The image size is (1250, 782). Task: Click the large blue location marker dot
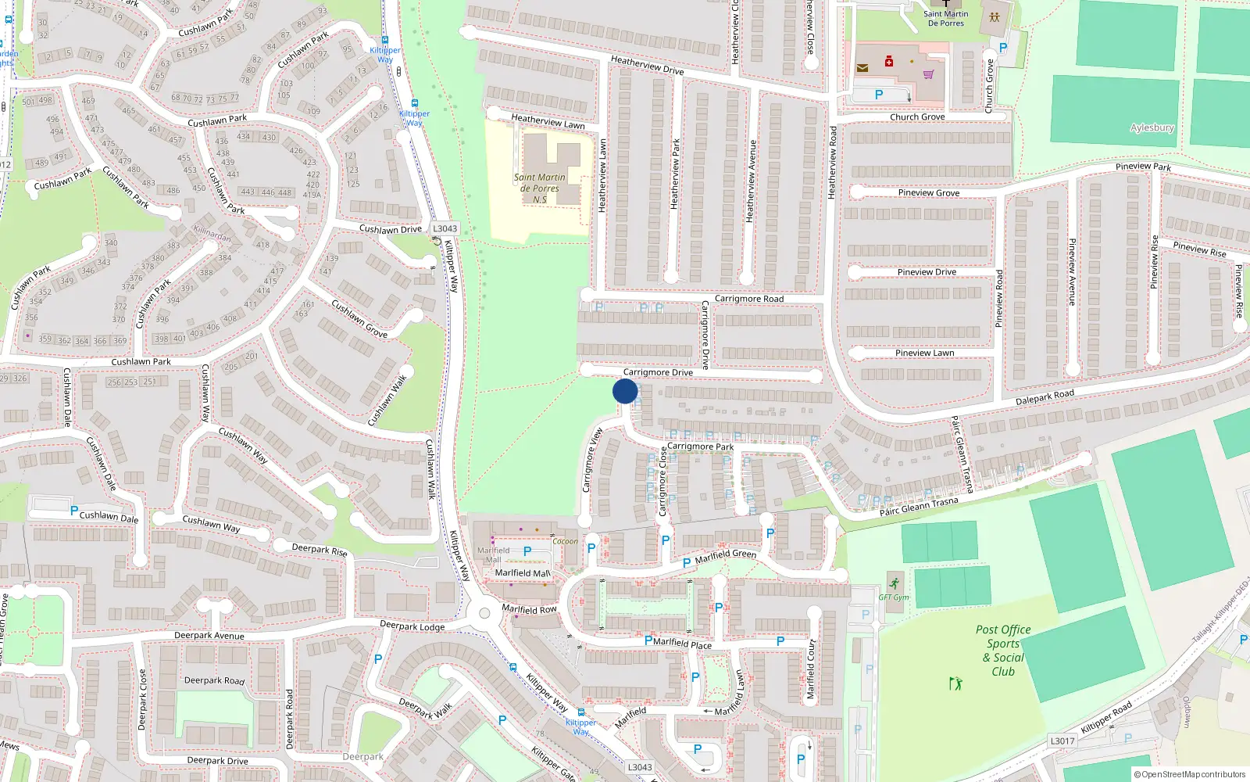click(x=625, y=391)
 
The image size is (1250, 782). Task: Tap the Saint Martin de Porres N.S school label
click(x=539, y=188)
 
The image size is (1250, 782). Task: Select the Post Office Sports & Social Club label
click(x=1003, y=650)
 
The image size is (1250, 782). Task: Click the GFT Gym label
click(x=894, y=597)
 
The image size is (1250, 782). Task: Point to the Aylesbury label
click(x=1152, y=127)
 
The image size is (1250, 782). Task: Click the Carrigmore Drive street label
click(x=658, y=372)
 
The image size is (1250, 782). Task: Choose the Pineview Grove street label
click(x=928, y=192)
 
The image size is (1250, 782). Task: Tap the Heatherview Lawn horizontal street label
click(x=548, y=121)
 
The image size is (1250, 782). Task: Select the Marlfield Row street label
click(x=529, y=609)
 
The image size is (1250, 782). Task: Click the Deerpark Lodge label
click(x=412, y=626)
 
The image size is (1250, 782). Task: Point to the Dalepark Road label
click(x=1045, y=397)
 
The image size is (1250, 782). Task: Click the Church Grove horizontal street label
click(x=917, y=117)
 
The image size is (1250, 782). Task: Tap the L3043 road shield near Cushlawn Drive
click(x=445, y=229)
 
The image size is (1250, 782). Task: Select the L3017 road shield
click(x=1062, y=741)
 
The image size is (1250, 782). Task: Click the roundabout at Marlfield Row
click(x=484, y=614)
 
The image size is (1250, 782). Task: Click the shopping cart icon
click(x=928, y=75)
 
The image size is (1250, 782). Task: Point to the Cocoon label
click(x=565, y=541)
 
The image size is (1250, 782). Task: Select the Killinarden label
click(x=212, y=234)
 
